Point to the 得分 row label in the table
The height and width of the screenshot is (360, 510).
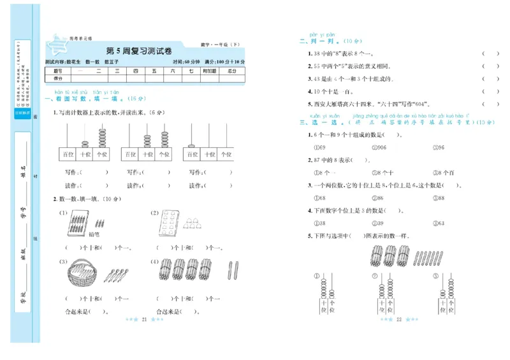click(x=57, y=78)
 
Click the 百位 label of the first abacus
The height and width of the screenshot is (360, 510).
click(x=67, y=155)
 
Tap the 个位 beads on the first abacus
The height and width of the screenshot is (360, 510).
click(x=102, y=137)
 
